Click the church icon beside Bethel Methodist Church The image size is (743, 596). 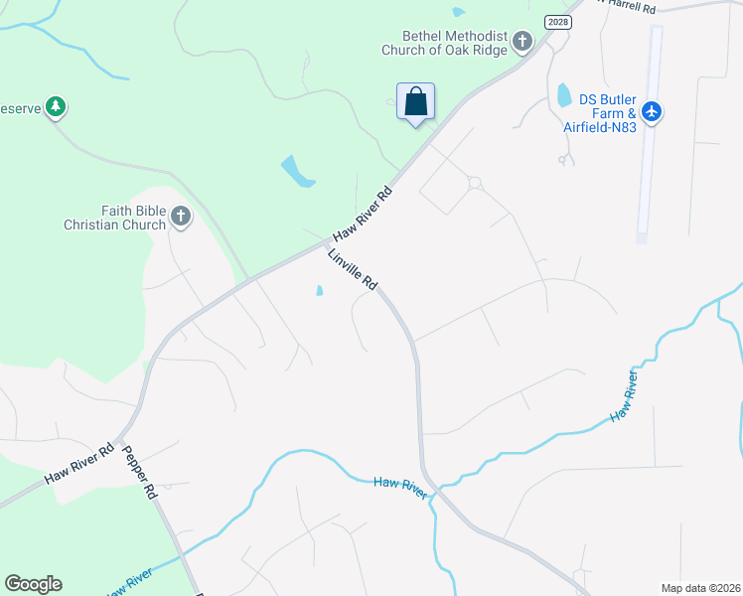pyautogui.click(x=522, y=42)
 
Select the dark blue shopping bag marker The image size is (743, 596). pyautogui.click(x=415, y=101)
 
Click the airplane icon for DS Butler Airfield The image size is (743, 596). pyautogui.click(x=652, y=110)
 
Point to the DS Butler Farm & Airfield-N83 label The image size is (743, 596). pyautogui.click(x=608, y=110)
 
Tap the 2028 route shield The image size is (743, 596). pyautogui.click(x=559, y=21)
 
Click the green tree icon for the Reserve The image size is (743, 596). pyautogui.click(x=57, y=107)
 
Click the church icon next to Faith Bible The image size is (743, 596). pyautogui.click(x=180, y=216)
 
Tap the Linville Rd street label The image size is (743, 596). pyautogui.click(x=353, y=269)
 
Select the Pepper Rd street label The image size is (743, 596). pyautogui.click(x=140, y=471)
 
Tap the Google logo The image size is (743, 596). pyautogui.click(x=33, y=583)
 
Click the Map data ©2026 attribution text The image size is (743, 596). pyautogui.click(x=700, y=587)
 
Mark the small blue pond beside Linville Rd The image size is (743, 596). pyautogui.click(x=319, y=291)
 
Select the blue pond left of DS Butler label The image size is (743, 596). pyautogui.click(x=564, y=95)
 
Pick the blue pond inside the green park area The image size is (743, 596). pyautogui.click(x=297, y=172)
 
